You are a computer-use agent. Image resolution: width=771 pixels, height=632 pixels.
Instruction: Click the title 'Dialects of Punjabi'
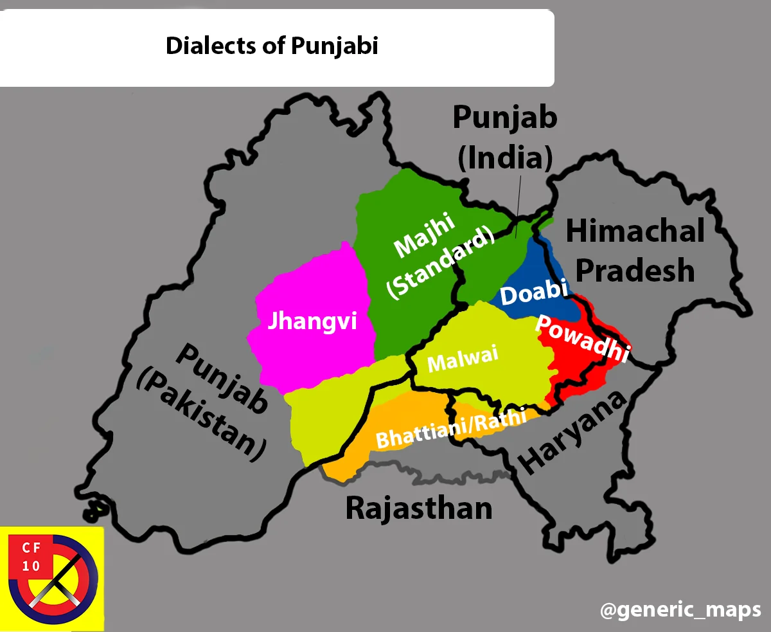pyautogui.click(x=272, y=46)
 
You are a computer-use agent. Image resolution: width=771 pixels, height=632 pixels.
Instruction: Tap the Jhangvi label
pyautogui.click(x=312, y=321)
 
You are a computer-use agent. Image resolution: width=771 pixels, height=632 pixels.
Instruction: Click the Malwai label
pyautogui.click(x=463, y=361)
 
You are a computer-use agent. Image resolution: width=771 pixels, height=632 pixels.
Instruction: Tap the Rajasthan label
pyautogui.click(x=419, y=508)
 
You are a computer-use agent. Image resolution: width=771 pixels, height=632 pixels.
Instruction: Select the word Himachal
pyautogui.click(x=635, y=231)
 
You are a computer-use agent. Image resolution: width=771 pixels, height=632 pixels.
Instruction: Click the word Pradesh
pyautogui.click(x=635, y=271)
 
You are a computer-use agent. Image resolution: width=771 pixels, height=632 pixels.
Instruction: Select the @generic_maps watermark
pyautogui.click(x=680, y=609)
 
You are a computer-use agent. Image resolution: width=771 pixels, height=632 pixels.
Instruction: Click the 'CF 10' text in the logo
pyautogui.click(x=31, y=557)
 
